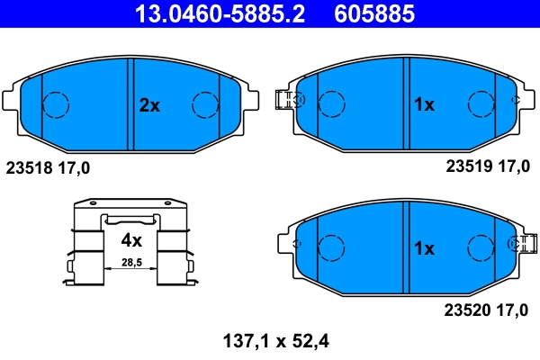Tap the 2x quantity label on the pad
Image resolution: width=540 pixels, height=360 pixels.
149,105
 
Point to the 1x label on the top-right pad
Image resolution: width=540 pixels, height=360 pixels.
423,105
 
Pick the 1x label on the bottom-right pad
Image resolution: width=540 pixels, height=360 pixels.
423,247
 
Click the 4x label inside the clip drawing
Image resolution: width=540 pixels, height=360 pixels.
131,240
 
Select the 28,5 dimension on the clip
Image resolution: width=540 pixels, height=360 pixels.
131,263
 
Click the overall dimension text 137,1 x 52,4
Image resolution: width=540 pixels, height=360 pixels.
269,341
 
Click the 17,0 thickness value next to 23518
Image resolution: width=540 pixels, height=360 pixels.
73,167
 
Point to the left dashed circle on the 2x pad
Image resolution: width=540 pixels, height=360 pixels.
57,105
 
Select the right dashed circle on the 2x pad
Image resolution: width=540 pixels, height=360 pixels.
206,105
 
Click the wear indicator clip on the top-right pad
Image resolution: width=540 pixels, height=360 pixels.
286,100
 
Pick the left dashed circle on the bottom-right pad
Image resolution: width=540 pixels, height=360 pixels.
334,247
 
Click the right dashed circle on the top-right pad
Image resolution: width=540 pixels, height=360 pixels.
480,104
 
